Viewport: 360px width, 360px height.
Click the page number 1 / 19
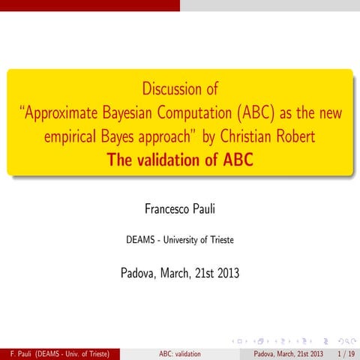coord(346,353)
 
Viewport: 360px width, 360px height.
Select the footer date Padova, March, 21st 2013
coord(289,353)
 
